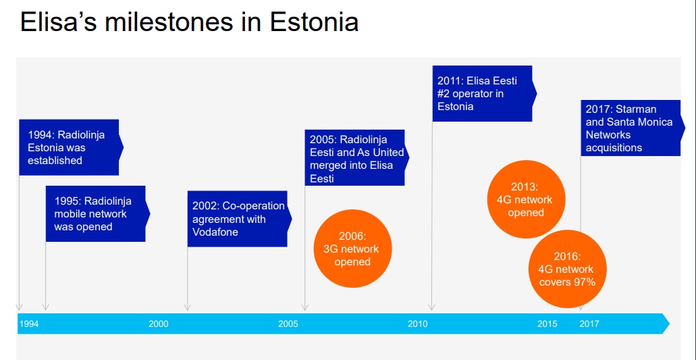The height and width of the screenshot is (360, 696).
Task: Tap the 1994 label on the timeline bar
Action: [29, 324]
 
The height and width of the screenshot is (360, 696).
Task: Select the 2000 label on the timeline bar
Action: [159, 324]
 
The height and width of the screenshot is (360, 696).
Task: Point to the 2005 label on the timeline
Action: [288, 324]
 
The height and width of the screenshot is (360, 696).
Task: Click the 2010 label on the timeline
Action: [418, 324]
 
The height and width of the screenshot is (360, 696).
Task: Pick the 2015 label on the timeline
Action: [547, 324]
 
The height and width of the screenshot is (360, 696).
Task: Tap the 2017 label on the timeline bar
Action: [589, 324]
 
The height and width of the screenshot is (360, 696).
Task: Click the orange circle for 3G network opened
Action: [352, 249]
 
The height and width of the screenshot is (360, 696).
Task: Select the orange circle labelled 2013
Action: [526, 199]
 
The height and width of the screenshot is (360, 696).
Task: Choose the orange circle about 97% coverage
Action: [567, 269]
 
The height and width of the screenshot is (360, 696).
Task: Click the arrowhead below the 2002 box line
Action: [187, 307]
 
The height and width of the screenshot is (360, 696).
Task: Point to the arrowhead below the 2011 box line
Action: [431, 307]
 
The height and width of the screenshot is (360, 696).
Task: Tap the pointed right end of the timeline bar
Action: [669, 324]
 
